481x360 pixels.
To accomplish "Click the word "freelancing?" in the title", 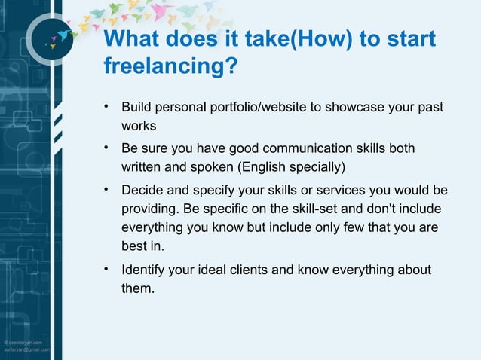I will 171,66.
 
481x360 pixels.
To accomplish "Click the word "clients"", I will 260,269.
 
